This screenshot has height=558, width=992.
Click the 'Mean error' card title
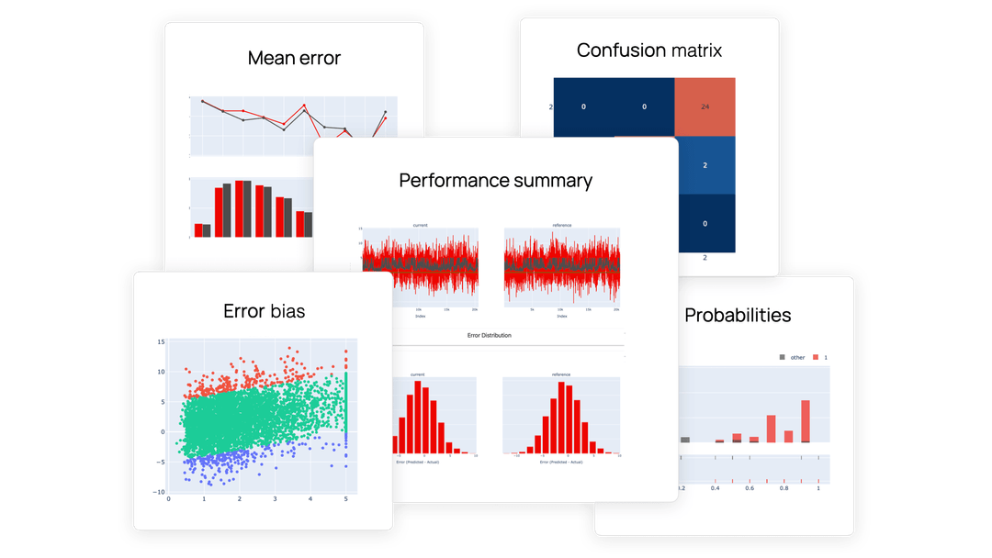click(294, 59)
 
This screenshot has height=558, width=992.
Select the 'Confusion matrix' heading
click(649, 50)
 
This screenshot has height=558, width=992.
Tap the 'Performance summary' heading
click(495, 181)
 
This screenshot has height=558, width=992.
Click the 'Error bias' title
click(265, 311)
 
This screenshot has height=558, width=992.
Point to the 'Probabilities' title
click(738, 315)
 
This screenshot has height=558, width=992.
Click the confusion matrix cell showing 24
click(705, 107)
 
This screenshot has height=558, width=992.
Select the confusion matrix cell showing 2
click(705, 166)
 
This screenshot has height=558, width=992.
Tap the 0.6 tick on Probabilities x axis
click(750, 489)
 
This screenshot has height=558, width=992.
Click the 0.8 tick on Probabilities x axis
click(783, 489)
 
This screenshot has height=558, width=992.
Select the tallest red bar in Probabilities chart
click(806, 421)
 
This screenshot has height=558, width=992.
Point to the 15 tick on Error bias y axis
click(161, 342)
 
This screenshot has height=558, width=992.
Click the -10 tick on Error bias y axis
click(159, 492)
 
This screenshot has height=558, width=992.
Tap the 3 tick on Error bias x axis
click(275, 500)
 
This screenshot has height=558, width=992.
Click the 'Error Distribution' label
click(489, 336)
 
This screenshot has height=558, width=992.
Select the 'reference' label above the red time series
click(561, 225)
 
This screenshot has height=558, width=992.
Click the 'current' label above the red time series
click(420, 225)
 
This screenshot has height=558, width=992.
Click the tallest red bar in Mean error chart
click(239, 208)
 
